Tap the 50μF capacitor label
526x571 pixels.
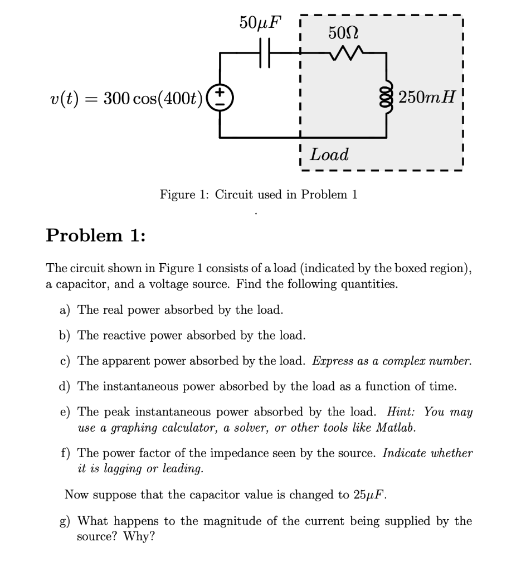pos(260,23)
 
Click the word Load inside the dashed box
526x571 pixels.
pos(329,154)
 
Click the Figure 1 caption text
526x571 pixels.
pos(259,195)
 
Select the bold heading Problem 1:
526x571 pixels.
pos(95,235)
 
